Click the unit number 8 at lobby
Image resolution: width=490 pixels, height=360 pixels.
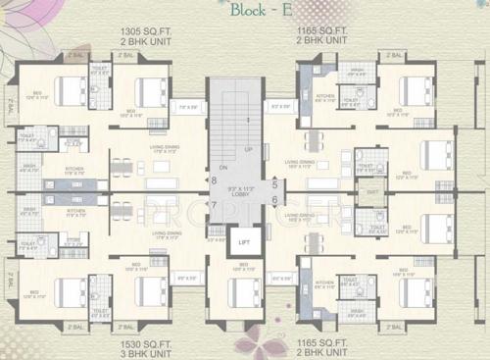(214, 180)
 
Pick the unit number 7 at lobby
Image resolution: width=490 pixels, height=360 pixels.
(214, 204)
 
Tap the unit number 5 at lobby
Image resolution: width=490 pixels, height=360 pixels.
(275, 183)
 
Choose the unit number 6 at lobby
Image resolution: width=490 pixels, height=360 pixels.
(275, 201)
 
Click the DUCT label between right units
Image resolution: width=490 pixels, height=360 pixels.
(373, 192)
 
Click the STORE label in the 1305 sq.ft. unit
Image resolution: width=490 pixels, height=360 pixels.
(71, 145)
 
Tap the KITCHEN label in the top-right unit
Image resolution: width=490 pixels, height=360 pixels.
(325, 96)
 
